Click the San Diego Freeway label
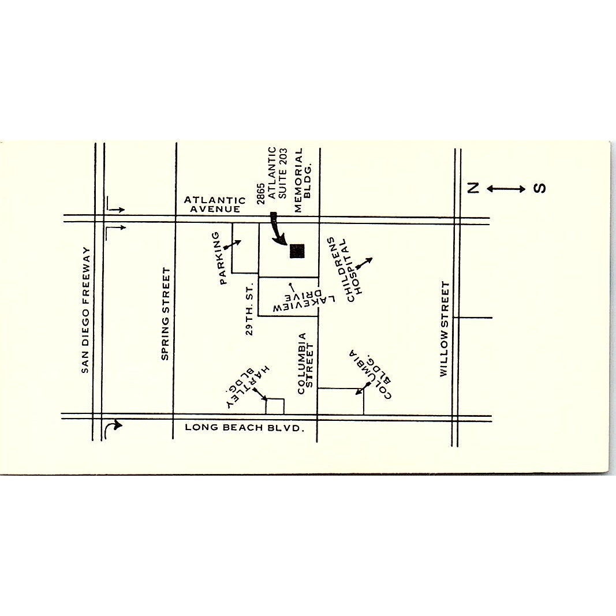click(x=85, y=310)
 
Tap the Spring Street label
click(x=166, y=314)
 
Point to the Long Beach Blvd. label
click(x=244, y=428)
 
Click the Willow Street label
click(x=444, y=328)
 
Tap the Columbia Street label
click(x=305, y=363)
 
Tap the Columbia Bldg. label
click(x=369, y=374)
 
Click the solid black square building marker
click(x=297, y=251)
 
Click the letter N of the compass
click(x=473, y=188)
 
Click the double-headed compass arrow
click(x=506, y=189)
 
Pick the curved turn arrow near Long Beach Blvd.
click(x=114, y=427)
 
